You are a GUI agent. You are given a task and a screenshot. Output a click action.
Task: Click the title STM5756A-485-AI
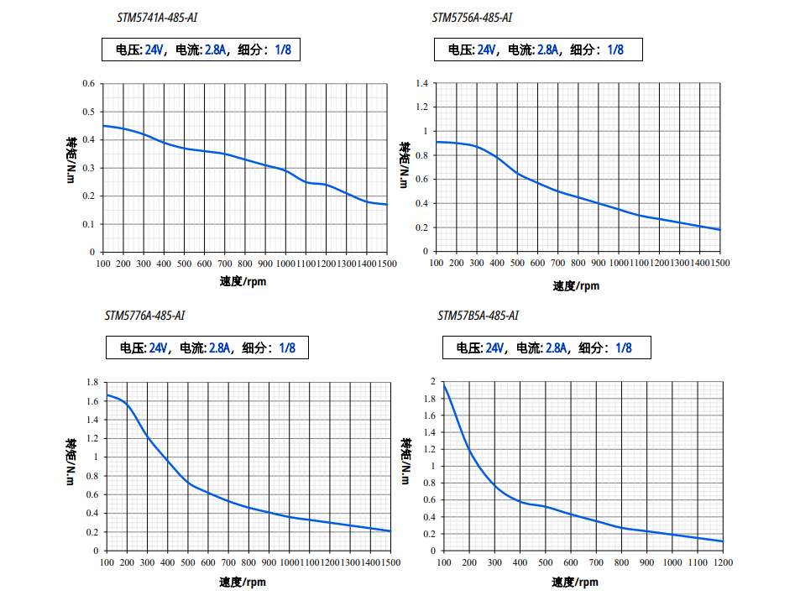pyautogui.click(x=472, y=17)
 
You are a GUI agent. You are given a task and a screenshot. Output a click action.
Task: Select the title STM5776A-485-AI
pyautogui.click(x=144, y=316)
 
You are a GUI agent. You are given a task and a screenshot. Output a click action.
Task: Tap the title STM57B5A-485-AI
pyautogui.click(x=478, y=316)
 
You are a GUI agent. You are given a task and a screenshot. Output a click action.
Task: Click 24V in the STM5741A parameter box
pyautogui.click(x=154, y=50)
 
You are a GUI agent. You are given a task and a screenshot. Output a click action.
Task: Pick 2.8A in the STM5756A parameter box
pyautogui.click(x=547, y=50)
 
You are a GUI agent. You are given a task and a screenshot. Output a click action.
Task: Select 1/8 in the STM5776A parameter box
pyautogui.click(x=287, y=347)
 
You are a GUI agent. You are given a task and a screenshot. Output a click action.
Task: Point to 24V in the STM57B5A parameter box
pyautogui.click(x=494, y=347)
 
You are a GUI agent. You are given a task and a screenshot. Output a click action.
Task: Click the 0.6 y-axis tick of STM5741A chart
pyautogui.click(x=88, y=83)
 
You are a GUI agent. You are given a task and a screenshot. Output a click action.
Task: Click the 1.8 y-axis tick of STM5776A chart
pyautogui.click(x=92, y=382)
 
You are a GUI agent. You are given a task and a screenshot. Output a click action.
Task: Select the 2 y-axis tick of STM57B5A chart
pyautogui.click(x=432, y=381)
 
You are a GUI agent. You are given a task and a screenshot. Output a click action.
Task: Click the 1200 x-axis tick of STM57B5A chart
pyautogui.click(x=723, y=562)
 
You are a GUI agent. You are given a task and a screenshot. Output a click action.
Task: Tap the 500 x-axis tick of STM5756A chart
pyautogui.click(x=517, y=264)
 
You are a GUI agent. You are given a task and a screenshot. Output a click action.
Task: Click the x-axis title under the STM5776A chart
pyautogui.click(x=243, y=581)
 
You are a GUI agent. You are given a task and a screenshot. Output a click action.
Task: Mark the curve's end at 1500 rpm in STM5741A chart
pyautogui.click(x=387, y=204)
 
